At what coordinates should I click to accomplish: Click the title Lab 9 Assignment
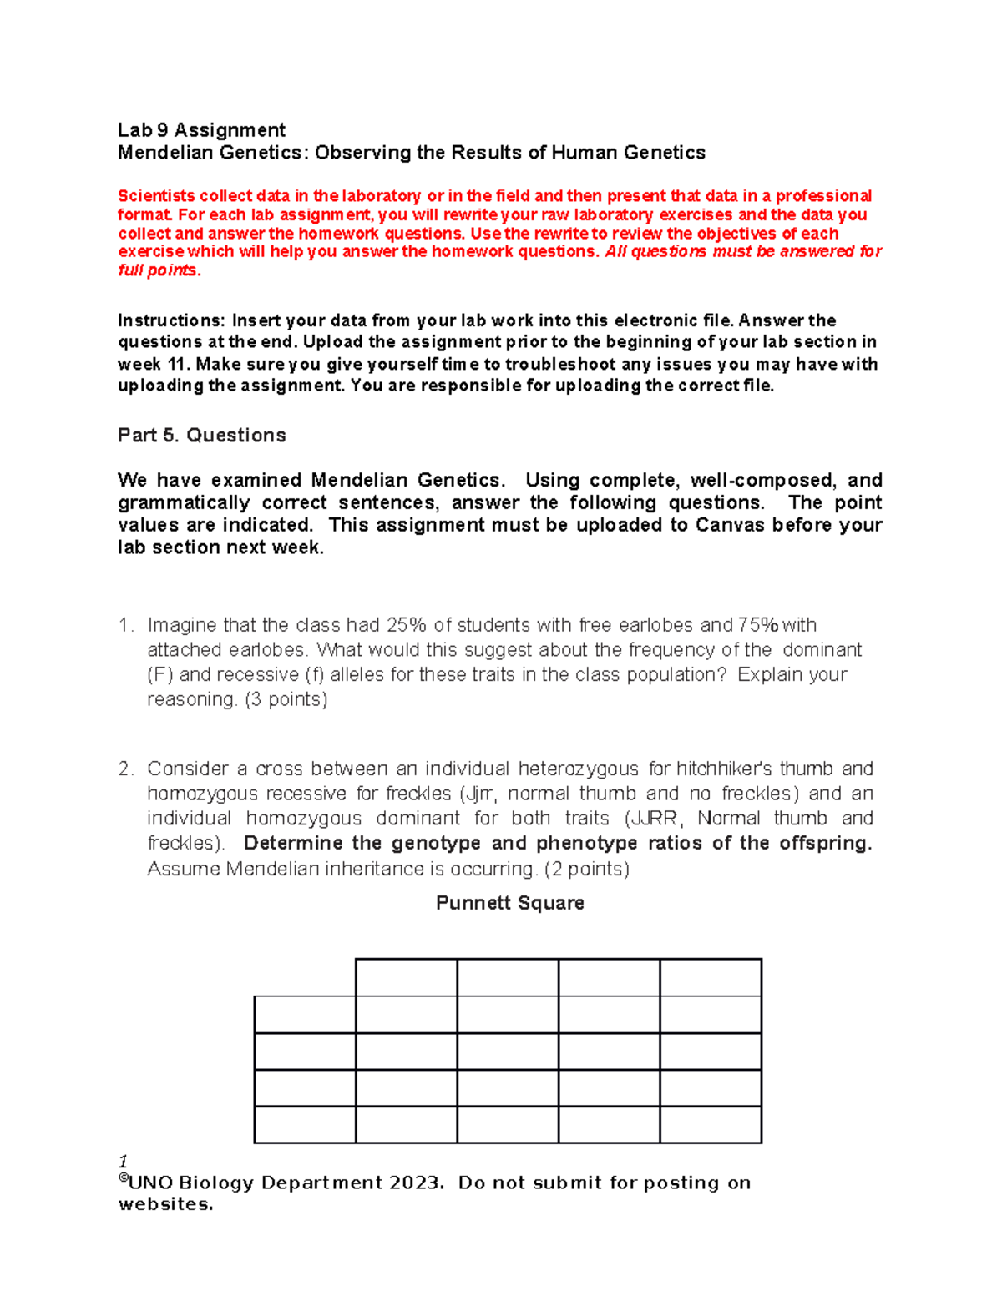click(x=201, y=130)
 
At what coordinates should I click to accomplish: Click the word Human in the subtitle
click(x=584, y=153)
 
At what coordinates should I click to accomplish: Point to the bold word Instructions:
click(x=171, y=321)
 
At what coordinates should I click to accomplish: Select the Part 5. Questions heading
click(x=201, y=436)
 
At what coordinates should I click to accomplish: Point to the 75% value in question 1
click(x=758, y=625)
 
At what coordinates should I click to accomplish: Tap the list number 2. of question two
click(x=126, y=769)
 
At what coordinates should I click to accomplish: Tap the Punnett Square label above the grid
click(x=509, y=903)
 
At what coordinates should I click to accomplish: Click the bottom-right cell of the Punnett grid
click(x=711, y=1125)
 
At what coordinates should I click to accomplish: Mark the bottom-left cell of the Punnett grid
click(x=305, y=1125)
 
